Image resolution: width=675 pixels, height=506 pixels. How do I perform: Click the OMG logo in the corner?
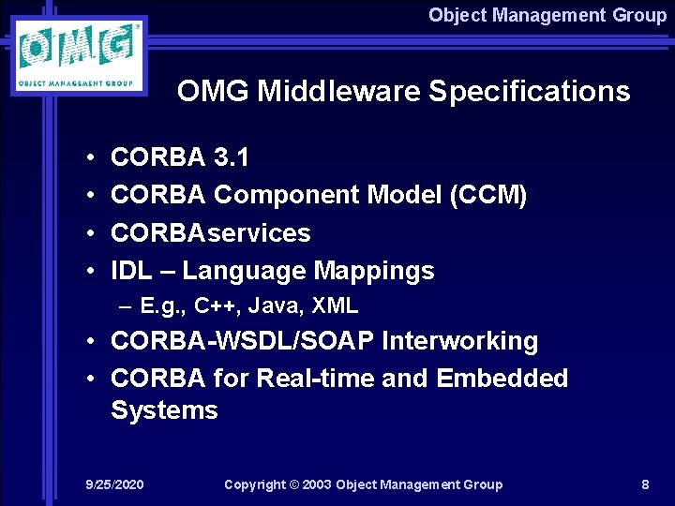82,54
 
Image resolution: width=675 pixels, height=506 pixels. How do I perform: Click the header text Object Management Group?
547,15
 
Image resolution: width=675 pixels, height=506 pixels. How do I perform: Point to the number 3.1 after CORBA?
231,157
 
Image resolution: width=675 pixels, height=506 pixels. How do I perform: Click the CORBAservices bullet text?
210,232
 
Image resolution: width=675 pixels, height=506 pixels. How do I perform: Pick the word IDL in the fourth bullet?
131,271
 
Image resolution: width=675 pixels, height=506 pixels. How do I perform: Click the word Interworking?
459,341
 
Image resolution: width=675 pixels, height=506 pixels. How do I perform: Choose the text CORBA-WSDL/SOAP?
242,341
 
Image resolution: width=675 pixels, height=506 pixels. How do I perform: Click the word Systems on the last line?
164,410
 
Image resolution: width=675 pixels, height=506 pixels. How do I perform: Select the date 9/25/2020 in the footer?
114,484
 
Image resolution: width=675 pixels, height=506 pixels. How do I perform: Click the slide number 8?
645,484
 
